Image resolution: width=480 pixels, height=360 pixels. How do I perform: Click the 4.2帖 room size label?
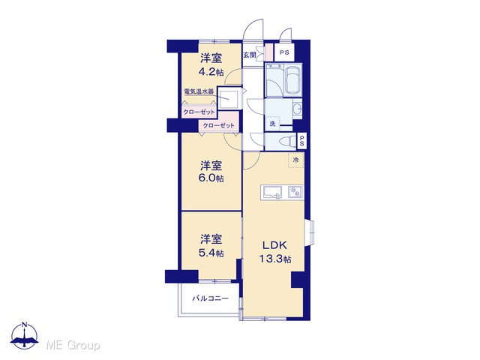[x=211, y=72]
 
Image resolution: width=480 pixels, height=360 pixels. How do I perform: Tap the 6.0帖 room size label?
[x=211, y=178]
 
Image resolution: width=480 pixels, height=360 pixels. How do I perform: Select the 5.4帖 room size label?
[x=211, y=253]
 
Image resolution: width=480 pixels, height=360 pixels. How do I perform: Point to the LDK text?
[x=274, y=245]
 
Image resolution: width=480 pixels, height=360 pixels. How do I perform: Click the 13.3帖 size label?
[x=275, y=259]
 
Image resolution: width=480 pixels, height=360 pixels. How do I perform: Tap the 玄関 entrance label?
[x=250, y=55]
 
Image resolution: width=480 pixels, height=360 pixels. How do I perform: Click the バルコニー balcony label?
[x=210, y=298]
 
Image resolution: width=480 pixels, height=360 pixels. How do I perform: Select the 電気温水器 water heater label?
[x=199, y=91]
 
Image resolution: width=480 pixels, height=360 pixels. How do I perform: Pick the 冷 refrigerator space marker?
[x=295, y=160]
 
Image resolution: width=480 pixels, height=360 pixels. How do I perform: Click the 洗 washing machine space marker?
[x=272, y=124]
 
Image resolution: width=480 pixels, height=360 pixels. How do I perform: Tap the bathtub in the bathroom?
[x=293, y=80]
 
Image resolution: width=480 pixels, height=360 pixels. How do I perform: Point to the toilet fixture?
[x=287, y=142]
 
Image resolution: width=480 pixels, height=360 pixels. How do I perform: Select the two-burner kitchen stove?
[x=295, y=193]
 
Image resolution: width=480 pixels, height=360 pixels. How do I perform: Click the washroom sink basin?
[x=297, y=108]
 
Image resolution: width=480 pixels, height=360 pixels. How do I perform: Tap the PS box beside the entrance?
[x=284, y=52]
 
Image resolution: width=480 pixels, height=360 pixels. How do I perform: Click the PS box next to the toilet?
[x=301, y=141]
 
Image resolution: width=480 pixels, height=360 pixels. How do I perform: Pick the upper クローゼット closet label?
[x=199, y=112]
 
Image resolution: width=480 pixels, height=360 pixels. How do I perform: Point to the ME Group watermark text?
[x=73, y=346]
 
